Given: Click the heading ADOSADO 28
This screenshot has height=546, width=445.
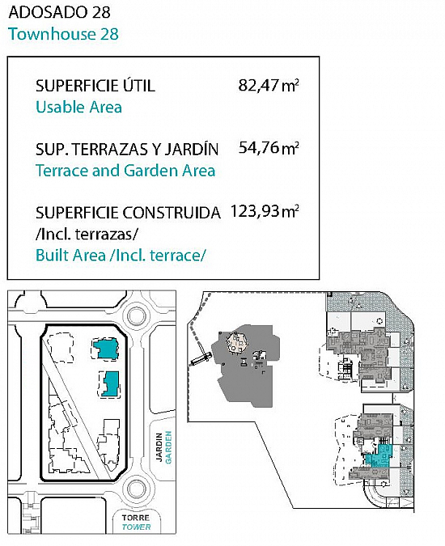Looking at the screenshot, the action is [x=59, y=12].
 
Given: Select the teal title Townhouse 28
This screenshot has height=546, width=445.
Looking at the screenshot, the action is [x=63, y=34].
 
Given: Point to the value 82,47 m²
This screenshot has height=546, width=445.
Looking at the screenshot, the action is [x=269, y=85].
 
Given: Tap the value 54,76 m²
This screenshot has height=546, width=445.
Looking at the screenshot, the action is [x=269, y=148].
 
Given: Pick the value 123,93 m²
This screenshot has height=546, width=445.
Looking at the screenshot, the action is [x=265, y=211].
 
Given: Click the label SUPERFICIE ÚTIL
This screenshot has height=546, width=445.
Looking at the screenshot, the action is [x=95, y=85].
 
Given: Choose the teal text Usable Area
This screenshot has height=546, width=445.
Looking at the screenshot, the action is [x=79, y=107].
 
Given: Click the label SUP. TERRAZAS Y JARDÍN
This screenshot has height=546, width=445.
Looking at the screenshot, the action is [x=127, y=149].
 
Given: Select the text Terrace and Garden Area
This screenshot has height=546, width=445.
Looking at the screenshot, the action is [x=125, y=171].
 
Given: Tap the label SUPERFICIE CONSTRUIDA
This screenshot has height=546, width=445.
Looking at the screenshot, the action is [x=128, y=213].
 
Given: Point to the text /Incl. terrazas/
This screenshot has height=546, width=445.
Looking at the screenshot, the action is [x=87, y=234].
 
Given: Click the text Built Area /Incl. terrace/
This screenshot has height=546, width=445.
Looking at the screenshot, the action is [x=121, y=256].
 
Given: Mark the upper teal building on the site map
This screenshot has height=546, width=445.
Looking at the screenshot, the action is [x=106, y=349].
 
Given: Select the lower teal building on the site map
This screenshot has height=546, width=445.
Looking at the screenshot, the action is [x=112, y=383].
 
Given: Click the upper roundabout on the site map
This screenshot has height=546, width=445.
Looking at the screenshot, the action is [x=137, y=315].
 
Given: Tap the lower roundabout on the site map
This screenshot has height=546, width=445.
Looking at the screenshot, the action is [x=137, y=489].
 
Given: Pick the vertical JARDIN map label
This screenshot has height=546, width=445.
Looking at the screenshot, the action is [x=159, y=447].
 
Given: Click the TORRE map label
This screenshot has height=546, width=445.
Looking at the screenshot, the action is [x=136, y=518].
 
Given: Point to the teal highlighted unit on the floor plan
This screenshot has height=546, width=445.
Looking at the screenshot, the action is [x=379, y=455].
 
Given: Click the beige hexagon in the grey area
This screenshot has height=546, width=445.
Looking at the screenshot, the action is [x=237, y=341].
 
